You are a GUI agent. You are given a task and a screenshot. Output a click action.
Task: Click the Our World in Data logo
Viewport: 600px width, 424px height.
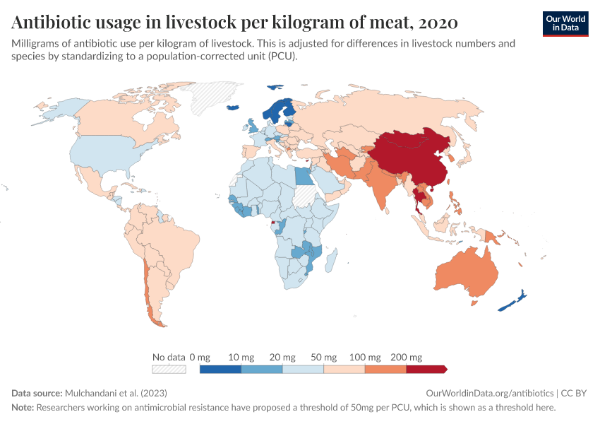pyautogui.click(x=565, y=23)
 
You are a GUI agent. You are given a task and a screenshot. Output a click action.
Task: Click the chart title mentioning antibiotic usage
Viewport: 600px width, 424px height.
pyautogui.click(x=235, y=23)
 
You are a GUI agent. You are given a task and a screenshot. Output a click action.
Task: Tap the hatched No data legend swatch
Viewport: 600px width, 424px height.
pyautogui.click(x=169, y=369)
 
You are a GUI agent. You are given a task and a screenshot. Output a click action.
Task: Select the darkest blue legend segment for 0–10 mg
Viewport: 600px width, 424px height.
pyautogui.click(x=220, y=369)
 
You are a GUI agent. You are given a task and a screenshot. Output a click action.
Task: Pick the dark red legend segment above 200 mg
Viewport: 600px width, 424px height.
pyautogui.click(x=426, y=369)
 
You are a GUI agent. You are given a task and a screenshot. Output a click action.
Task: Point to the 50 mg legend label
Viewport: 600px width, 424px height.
pyautogui.click(x=324, y=357)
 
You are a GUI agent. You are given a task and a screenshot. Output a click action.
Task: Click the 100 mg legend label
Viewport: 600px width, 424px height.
pyautogui.click(x=366, y=357)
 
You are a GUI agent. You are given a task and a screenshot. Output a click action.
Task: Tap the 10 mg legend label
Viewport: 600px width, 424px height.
pyautogui.click(x=242, y=357)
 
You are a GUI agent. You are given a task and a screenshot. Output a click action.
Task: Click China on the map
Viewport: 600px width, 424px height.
pyautogui.click(x=409, y=155)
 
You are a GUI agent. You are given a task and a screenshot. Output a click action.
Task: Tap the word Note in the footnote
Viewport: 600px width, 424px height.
pyautogui.click(x=23, y=408)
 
